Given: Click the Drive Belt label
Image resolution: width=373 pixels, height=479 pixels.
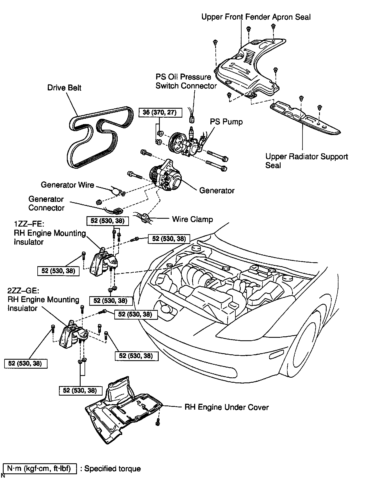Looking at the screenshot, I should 64,88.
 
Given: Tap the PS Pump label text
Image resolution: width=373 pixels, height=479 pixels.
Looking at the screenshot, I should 226,122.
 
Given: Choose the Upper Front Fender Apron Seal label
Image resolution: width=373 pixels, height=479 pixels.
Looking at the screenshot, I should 256,17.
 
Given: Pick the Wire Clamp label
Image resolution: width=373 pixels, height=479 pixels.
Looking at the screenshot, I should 192,219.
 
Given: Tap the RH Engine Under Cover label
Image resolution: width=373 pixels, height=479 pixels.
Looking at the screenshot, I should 226,407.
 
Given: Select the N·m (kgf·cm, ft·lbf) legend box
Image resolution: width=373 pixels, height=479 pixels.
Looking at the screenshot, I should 40,469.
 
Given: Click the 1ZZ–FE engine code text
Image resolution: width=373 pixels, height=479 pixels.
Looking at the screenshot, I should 29,224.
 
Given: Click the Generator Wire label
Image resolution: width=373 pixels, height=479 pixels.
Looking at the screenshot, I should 67,185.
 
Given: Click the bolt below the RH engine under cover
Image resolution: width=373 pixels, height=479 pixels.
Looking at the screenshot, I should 158,421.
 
